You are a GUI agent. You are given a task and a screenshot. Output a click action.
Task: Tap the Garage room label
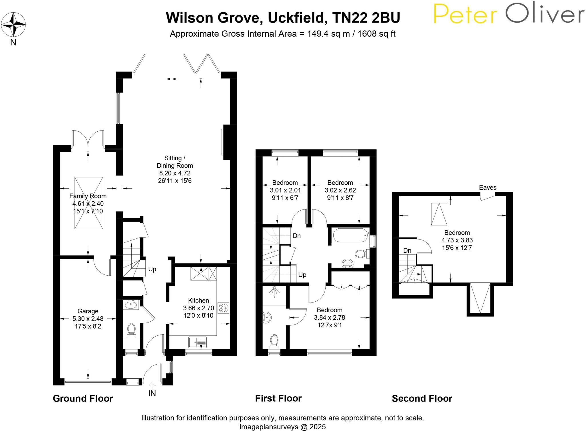pyautogui.click(x=88, y=311)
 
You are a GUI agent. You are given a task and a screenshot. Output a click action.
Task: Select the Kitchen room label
pyautogui.click(x=198, y=300)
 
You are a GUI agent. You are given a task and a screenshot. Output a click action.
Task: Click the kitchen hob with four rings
pyautogui.click(x=223, y=308)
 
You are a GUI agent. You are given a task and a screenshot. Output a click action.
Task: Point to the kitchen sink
pyautogui.click(x=197, y=342)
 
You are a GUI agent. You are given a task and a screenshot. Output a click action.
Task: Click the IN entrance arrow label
pyautogui.click(x=152, y=393)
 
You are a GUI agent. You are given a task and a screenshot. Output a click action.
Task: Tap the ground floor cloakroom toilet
pyautogui.click(x=131, y=329)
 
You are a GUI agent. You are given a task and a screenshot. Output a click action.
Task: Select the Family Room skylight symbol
pyautogui.click(x=89, y=203)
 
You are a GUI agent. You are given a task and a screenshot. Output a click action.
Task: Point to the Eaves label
pyautogui.click(x=488, y=187)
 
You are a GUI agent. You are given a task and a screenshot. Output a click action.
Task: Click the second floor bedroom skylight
pyautogui.click(x=439, y=214)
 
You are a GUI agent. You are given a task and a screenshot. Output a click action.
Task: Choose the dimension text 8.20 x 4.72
pyautogui.click(x=175, y=173)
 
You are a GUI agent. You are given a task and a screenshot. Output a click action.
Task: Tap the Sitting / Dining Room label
pyautogui.click(x=175, y=162)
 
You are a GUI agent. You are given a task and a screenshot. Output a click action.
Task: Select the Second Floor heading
pyautogui.click(x=422, y=398)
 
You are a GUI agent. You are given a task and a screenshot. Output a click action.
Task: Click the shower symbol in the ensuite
pyautogui.click(x=274, y=291)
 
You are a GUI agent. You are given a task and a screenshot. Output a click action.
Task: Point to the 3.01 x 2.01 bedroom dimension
pyautogui.click(x=285, y=190)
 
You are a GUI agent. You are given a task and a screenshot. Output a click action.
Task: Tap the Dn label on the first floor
pyautogui.click(x=296, y=236)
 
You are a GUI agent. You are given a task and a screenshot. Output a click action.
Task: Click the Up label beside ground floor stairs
pyautogui.click(x=152, y=269)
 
